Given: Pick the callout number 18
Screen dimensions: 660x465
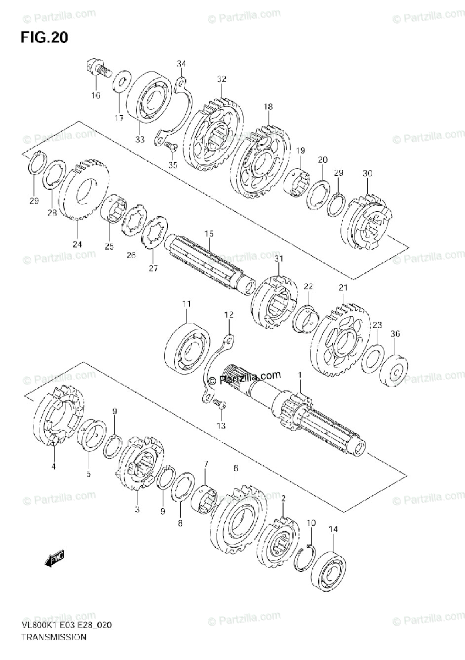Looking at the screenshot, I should [x=268, y=107].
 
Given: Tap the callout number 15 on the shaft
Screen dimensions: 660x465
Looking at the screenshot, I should [x=208, y=234].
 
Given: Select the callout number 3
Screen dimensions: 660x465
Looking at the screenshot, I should [x=137, y=509].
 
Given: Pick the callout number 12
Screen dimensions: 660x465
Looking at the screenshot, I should [x=228, y=315].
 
